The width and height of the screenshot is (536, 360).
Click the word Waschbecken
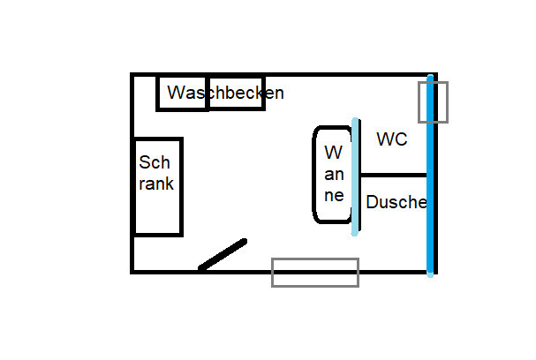point(225,93)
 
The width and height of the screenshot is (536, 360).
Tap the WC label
point(391,139)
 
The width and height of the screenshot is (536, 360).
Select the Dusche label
point(396,202)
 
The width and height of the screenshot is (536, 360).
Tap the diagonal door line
point(223,254)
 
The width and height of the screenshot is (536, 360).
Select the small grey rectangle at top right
point(433,101)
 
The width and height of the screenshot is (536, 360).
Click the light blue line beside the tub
point(355,176)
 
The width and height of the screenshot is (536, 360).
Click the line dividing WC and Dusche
point(394,175)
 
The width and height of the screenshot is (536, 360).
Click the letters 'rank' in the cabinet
point(156,184)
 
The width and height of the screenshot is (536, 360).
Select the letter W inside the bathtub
point(333,152)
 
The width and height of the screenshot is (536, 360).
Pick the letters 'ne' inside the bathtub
point(333,196)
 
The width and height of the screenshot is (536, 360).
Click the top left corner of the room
point(132,75)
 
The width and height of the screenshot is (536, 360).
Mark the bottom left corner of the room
point(132,272)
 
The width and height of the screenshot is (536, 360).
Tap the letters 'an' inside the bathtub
point(333,174)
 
